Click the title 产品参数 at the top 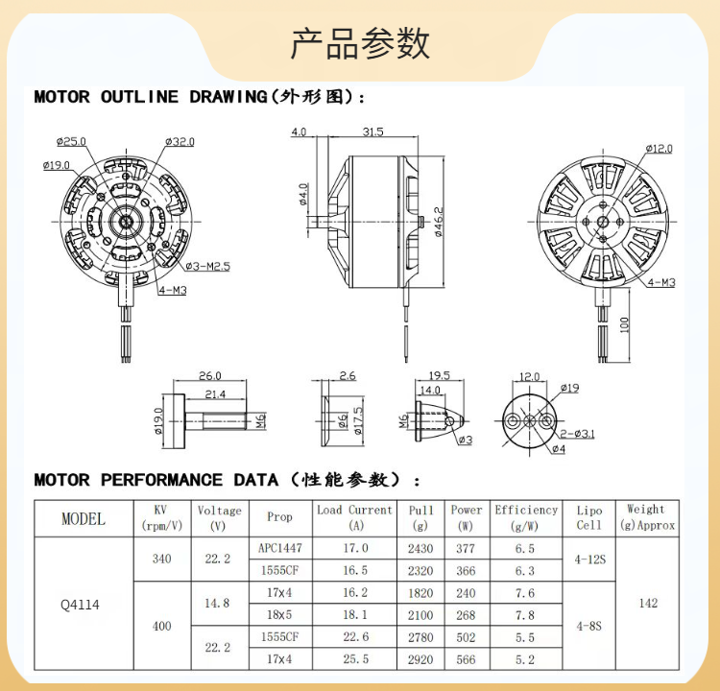pyautogui.click(x=360, y=44)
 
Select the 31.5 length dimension pyautogui.click(x=373, y=131)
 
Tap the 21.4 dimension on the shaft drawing pyautogui.click(x=215, y=393)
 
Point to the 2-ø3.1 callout pyautogui.click(x=577, y=433)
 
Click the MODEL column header pyautogui.click(x=84, y=519)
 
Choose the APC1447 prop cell pyautogui.click(x=279, y=549)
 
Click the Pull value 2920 pyautogui.click(x=420, y=659)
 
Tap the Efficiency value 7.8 pyautogui.click(x=525, y=614)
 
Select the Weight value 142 pyautogui.click(x=648, y=604)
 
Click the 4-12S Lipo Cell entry pyautogui.click(x=588, y=560)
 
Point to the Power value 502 pyautogui.click(x=467, y=637)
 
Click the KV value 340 pyautogui.click(x=161, y=560)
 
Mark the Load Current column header pyautogui.click(x=354, y=517)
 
